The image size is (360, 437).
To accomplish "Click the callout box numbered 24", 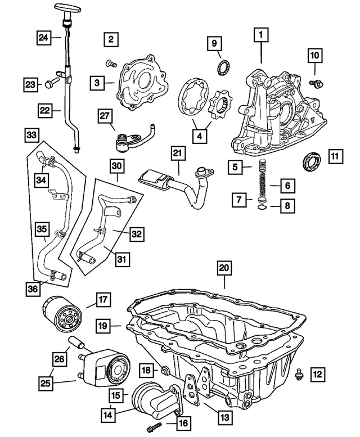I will point(43,38).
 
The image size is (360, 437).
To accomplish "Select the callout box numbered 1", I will point(260,35).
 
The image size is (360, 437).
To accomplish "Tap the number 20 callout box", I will point(224,269).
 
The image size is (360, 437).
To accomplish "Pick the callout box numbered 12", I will point(317,372).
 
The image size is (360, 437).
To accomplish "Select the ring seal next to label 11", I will point(309,161).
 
